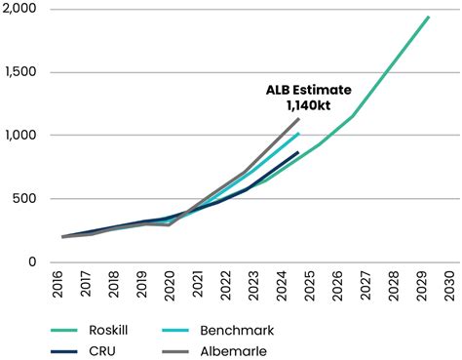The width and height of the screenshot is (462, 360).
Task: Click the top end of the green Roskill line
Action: click(429, 17)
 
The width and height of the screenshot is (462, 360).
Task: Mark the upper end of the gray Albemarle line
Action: click(299, 118)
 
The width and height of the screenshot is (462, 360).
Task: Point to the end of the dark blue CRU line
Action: click(298, 152)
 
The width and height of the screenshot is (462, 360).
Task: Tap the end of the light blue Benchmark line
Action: click(299, 134)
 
